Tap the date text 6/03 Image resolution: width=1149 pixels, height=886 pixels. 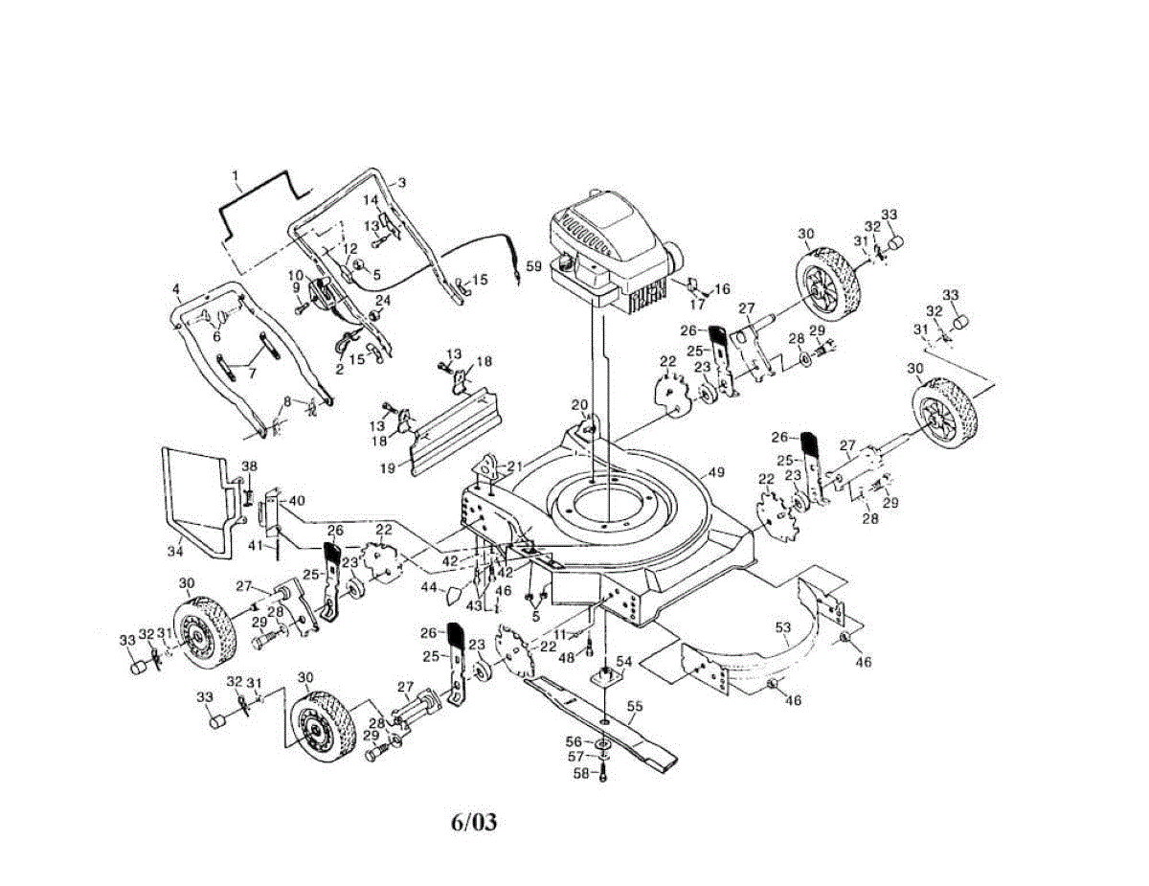[474, 822]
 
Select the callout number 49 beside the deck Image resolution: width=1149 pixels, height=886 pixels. [715, 472]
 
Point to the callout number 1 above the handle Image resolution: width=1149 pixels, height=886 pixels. [235, 175]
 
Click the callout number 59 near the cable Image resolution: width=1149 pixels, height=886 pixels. [533, 266]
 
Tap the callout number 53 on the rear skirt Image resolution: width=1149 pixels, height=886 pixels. [783, 627]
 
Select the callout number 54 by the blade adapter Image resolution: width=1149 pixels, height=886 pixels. [624, 661]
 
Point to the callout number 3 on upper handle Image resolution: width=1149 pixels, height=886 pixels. [401, 182]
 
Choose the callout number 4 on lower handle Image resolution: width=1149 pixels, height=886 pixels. [176, 288]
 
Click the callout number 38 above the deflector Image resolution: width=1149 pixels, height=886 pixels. [249, 466]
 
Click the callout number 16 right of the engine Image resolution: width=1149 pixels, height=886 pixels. [722, 288]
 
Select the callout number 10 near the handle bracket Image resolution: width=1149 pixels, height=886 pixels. [296, 275]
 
